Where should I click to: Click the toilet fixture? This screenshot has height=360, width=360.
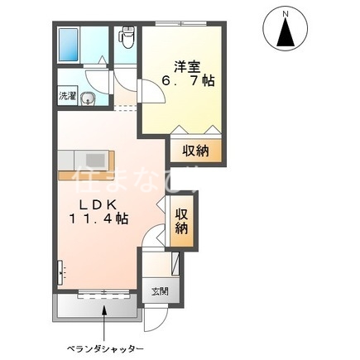pyautogui.click(x=127, y=38)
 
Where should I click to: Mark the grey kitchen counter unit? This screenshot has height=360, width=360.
pyautogui.click(x=82, y=158)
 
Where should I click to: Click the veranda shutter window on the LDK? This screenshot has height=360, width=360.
pyautogui.click(x=104, y=295)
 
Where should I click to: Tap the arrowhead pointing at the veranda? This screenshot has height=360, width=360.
pyautogui.click(x=103, y=310)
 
